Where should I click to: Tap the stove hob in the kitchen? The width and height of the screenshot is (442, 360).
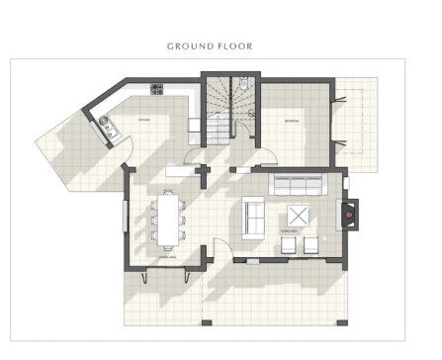[156, 90]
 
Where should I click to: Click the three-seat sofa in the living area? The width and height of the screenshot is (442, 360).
[297, 185]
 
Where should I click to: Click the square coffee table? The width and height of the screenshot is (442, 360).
[298, 216]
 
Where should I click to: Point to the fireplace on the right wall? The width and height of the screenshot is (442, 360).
[350, 213]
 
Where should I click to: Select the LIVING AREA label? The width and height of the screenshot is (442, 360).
[290, 232]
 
